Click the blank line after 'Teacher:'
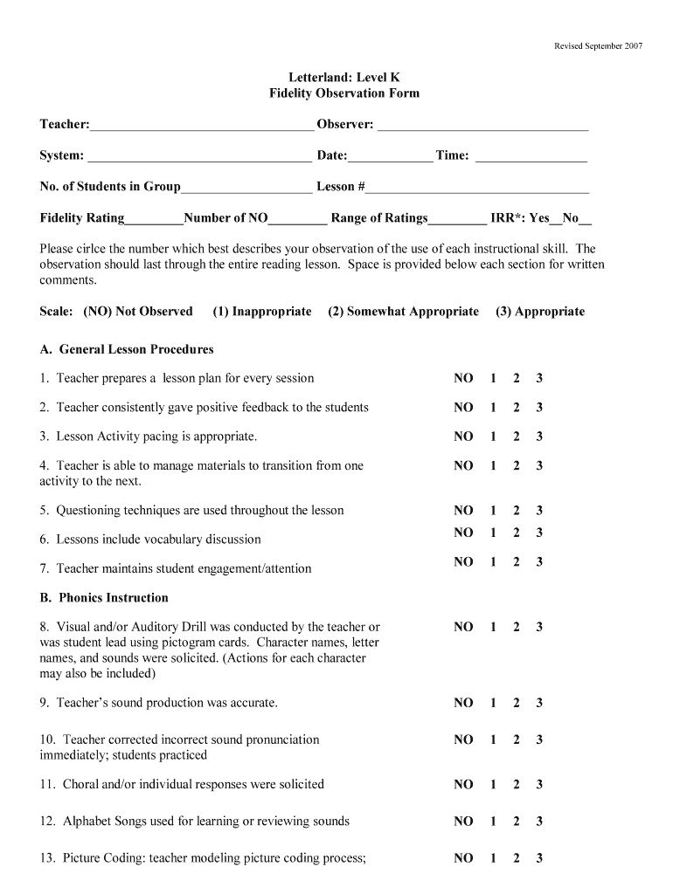[201, 126]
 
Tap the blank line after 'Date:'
[390, 157]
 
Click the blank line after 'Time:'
[531, 157]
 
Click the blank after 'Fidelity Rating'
[154, 219]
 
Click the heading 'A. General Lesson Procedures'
[127, 349]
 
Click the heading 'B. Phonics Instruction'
[104, 598]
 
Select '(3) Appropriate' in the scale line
[539, 312]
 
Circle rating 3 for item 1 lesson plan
[539, 379]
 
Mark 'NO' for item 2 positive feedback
[463, 408]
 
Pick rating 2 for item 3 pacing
[517, 437]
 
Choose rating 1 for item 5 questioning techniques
[493, 511]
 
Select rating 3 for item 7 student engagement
[539, 562]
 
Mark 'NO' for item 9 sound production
[463, 703]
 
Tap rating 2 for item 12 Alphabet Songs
[517, 822]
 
